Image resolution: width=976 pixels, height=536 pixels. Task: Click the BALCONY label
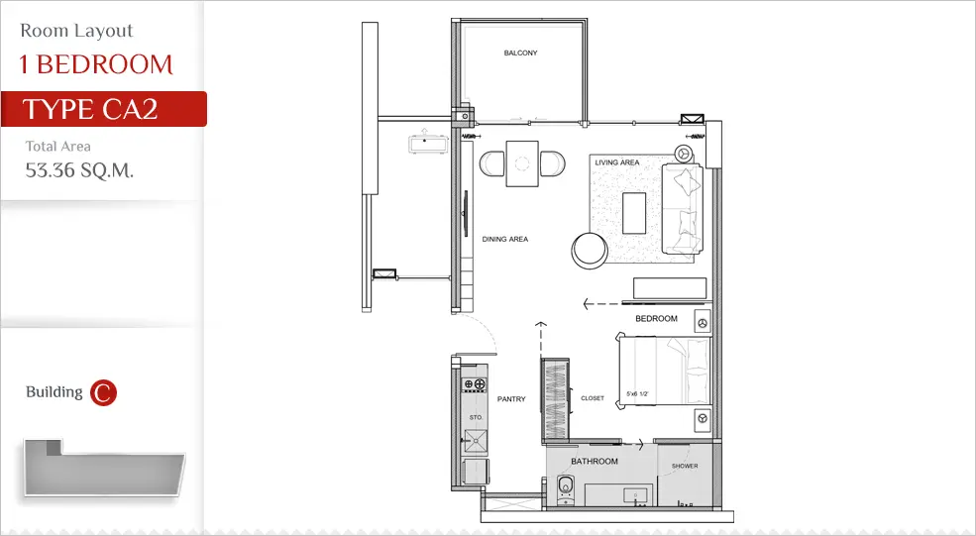pos(520,53)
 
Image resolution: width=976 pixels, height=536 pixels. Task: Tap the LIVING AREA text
pos(617,162)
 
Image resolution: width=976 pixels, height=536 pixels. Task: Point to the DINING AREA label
pos(504,239)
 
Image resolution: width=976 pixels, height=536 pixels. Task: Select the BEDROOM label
pos(656,319)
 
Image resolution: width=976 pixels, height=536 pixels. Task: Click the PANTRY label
pos(511,399)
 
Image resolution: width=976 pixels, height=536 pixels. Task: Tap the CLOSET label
pos(592,398)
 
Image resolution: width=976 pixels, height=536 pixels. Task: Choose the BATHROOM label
pos(595,462)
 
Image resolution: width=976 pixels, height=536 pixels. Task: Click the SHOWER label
pos(685,466)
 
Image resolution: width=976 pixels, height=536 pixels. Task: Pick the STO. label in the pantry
pos(476,417)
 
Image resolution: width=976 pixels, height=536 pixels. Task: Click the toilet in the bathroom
pos(565,488)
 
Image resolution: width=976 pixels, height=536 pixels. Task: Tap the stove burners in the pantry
pos(474,384)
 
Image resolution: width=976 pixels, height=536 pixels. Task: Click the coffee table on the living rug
pos(634,213)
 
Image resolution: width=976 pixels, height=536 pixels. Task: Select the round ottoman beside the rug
pos(590,251)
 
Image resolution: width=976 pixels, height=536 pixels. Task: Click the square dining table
pos(521,163)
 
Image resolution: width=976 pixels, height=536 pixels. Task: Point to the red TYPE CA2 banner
pos(103,109)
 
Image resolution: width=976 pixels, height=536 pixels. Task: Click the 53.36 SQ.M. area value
pos(79,170)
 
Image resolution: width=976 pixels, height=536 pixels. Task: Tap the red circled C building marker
pos(103,392)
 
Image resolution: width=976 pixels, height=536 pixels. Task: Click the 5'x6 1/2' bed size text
pos(637,394)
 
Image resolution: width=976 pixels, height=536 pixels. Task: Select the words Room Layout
pos(76,31)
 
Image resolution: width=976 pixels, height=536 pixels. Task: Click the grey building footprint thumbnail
pos(104,469)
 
